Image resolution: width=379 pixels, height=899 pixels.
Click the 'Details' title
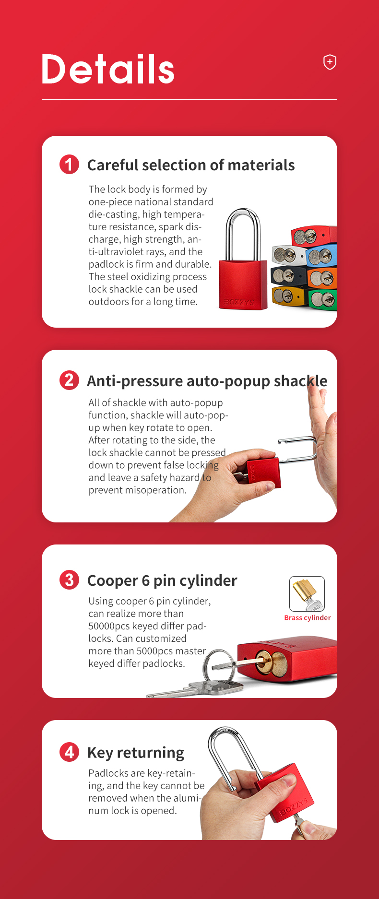pos(108,69)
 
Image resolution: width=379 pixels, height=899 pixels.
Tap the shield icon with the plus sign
pos(330,62)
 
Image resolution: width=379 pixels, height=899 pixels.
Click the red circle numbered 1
pos(69,165)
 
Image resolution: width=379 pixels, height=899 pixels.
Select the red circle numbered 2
pos(69,380)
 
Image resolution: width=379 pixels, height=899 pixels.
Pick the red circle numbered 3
pos(69,580)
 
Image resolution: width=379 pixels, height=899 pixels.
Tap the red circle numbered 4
pos(69,752)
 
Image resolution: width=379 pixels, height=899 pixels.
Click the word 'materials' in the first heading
pos(261,165)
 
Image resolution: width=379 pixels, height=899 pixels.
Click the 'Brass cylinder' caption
pos(308,618)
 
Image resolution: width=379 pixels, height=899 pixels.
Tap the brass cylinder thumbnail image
pos(307,594)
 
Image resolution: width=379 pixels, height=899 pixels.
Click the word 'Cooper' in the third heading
pos(113,581)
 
